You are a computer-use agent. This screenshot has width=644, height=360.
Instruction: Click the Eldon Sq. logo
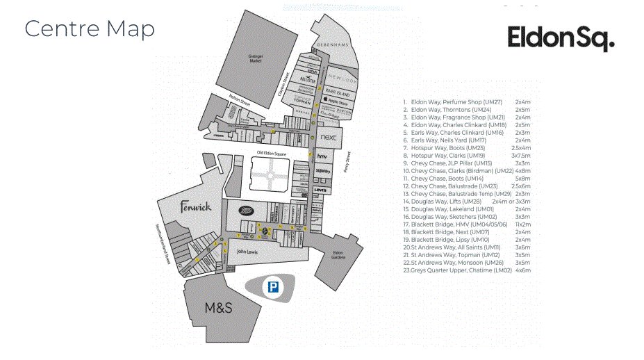[560, 39]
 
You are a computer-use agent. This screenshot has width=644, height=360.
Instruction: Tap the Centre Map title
[89, 29]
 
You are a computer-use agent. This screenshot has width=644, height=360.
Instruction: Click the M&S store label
[217, 308]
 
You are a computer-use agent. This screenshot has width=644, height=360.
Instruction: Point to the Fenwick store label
[195, 207]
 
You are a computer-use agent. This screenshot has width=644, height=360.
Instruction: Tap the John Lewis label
[247, 252]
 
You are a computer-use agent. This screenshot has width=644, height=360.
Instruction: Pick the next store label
[329, 138]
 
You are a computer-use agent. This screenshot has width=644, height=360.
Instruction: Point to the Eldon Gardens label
[338, 255]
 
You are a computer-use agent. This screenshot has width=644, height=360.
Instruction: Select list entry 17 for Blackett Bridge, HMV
[456, 224]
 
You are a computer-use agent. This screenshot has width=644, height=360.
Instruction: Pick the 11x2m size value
[522, 224]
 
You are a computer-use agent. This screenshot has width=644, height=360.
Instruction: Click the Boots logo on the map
[247, 211]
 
